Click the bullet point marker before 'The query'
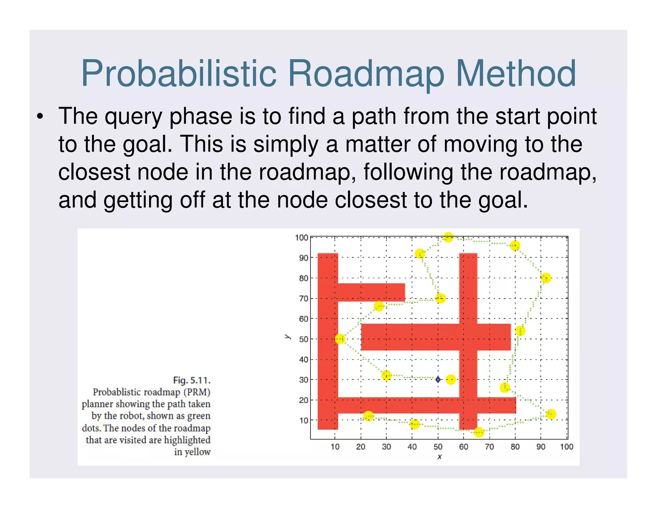40,117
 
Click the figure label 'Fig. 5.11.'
192,381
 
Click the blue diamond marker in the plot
438,380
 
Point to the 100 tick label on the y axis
301,238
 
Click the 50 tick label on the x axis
438,447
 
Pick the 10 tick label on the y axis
303,420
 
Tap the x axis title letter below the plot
439,456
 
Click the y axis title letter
287,337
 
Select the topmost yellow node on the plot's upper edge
448,237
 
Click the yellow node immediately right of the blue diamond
451,380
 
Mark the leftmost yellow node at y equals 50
340,339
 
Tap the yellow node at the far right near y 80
546,278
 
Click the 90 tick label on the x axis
541,447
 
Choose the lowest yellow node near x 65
479,432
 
